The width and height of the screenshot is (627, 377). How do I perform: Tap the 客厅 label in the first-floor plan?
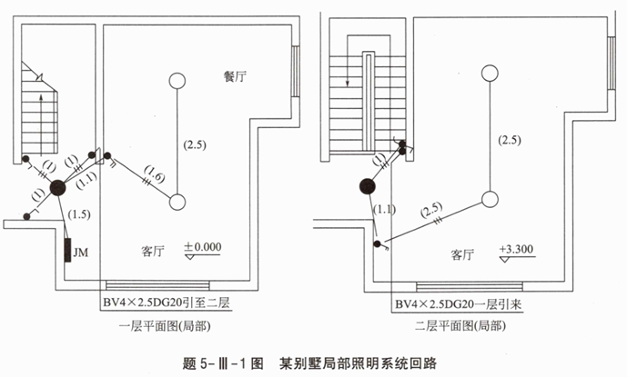pyautogui.click(x=155, y=248)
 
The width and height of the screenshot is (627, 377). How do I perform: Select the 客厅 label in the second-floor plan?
pyautogui.click(x=464, y=255)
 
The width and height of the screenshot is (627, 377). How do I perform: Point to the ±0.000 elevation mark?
pyautogui.click(x=202, y=246)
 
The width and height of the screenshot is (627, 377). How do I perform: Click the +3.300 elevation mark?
pyautogui.click(x=515, y=248)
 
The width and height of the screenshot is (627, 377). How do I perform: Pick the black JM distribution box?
pyautogui.click(x=68, y=250)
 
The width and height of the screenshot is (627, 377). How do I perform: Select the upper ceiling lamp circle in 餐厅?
pyautogui.click(x=175, y=80)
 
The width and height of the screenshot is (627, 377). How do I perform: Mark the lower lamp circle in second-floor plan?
pyautogui.click(x=490, y=199)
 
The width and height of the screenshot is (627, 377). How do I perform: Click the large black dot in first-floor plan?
pyautogui.click(x=57, y=188)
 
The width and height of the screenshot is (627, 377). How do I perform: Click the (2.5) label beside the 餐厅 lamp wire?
pyautogui.click(x=195, y=144)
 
